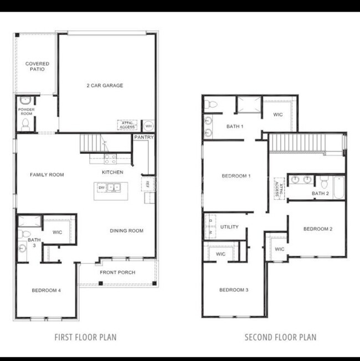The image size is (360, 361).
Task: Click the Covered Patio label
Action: (37, 66)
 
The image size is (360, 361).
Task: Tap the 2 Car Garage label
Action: (105, 85)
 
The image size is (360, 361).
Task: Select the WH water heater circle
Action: (148, 125)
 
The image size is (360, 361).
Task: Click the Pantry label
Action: (143, 137)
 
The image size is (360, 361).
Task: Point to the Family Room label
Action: (47, 174)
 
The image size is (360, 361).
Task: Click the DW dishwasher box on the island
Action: (102, 188)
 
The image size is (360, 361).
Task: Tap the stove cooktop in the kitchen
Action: (110, 159)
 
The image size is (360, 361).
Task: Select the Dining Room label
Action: (126, 231)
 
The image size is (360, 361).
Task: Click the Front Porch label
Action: (117, 272)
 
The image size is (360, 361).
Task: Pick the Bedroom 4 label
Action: (46, 290)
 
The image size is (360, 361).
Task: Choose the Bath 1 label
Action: (234, 127)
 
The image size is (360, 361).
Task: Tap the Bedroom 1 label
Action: (236, 176)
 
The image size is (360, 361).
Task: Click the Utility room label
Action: (229, 227)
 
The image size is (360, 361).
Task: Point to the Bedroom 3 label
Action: (234, 290)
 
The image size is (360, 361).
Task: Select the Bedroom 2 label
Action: (317, 229)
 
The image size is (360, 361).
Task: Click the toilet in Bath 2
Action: (324, 181)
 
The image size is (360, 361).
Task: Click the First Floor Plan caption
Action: (85, 337)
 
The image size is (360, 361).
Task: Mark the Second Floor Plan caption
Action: (280, 337)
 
